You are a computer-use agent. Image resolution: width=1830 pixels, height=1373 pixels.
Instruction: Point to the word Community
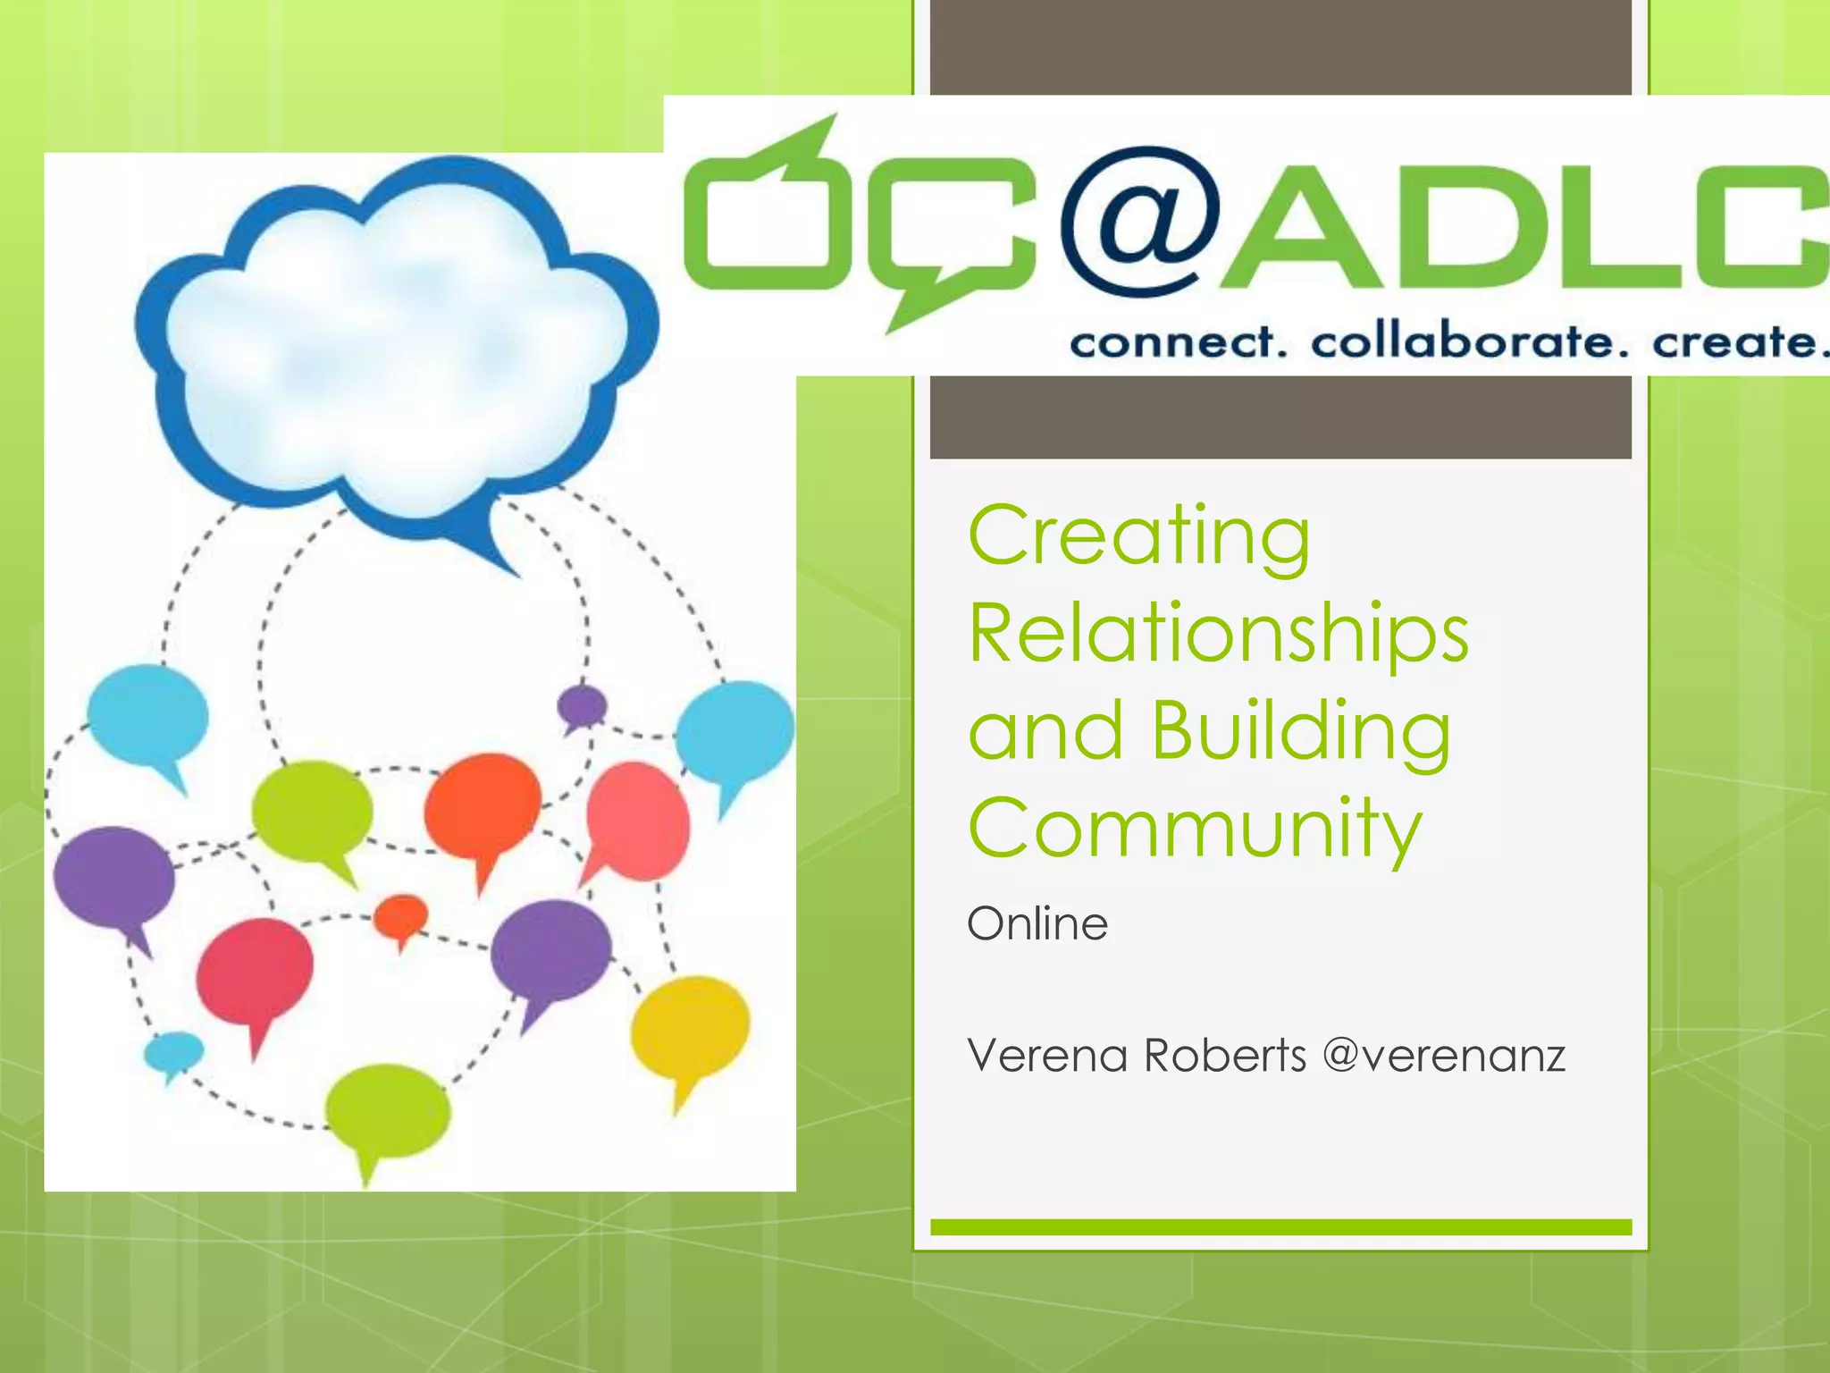[x=1195, y=829]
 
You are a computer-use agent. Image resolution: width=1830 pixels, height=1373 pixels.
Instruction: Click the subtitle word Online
[x=1037, y=923]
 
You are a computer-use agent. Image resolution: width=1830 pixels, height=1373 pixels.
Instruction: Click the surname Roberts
[x=1225, y=1056]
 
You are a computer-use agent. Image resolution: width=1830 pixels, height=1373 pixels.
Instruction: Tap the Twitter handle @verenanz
[x=1444, y=1056]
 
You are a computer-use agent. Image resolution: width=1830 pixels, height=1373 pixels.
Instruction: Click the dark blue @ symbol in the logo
[x=1140, y=222]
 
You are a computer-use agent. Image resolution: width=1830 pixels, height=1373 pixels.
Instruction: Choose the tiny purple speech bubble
[x=582, y=706]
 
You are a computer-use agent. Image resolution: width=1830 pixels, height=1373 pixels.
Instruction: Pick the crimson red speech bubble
[x=255, y=973]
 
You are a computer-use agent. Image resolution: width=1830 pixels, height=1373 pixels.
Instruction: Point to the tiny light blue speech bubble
[x=174, y=1051]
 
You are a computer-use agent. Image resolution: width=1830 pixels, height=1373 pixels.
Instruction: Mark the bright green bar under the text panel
[x=1280, y=1227]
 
